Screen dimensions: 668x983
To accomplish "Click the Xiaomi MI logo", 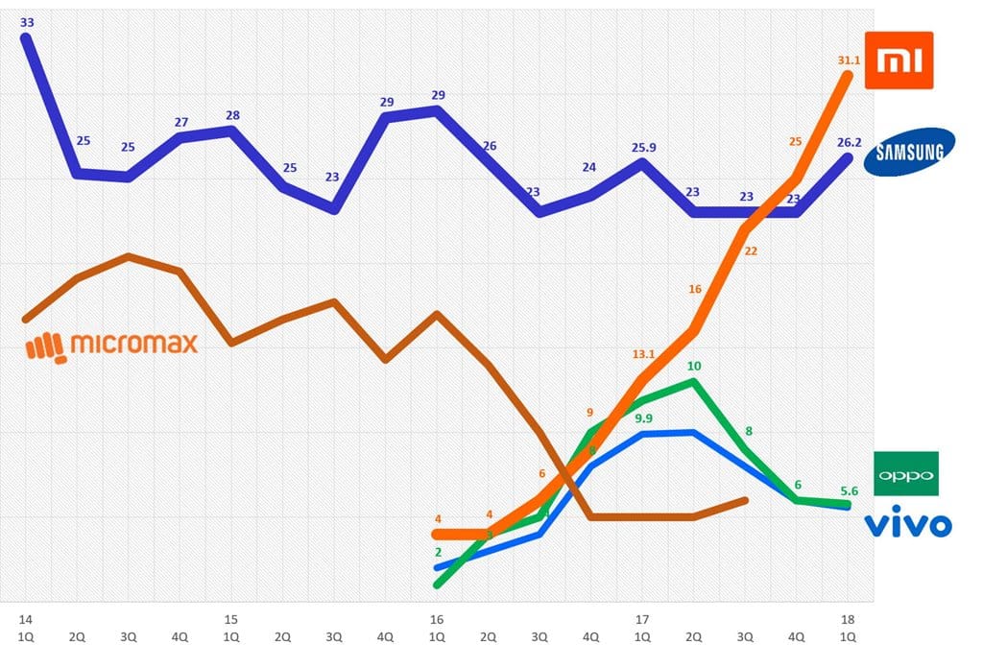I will [899, 60].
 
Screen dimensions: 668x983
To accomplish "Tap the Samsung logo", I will [909, 152].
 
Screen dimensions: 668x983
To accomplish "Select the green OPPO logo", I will [907, 474].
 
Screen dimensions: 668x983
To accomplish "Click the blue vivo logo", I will [908, 524].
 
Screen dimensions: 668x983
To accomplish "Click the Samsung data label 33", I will [27, 21].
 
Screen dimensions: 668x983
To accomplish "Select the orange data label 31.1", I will [849, 60].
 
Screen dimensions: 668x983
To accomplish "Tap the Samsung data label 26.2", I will [849, 143].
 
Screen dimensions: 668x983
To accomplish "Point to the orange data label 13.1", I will [643, 354].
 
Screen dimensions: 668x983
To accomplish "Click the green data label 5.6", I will [848, 490].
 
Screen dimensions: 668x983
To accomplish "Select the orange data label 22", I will [751, 251].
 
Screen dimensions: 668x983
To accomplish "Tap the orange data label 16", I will [694, 289].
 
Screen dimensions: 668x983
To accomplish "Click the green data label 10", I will [694, 367].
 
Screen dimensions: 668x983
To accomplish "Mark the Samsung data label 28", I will [231, 116].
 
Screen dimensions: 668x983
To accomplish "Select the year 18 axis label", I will [848, 619].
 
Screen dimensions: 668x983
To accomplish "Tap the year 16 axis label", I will [437, 619].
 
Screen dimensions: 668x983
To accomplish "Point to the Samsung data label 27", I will [180, 123].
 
